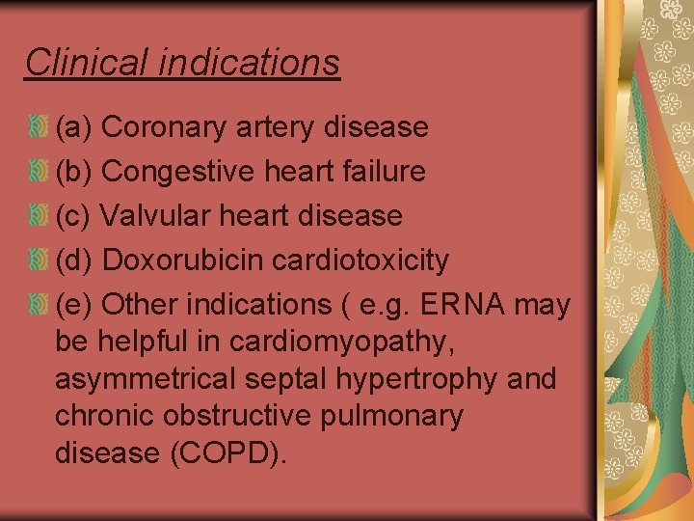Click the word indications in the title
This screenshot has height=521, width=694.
click(249, 62)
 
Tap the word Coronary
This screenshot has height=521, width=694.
click(160, 127)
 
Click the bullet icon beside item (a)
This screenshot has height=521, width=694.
click(38, 126)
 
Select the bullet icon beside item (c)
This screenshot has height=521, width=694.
click(38, 215)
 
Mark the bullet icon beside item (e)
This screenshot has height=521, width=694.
click(38, 304)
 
